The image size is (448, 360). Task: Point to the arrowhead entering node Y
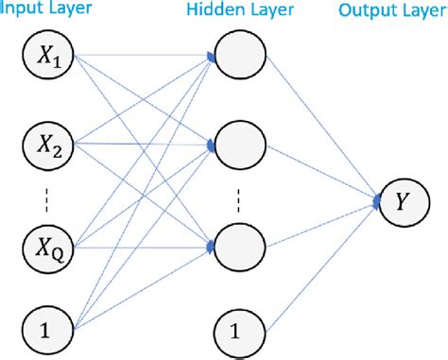click(x=376, y=200)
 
